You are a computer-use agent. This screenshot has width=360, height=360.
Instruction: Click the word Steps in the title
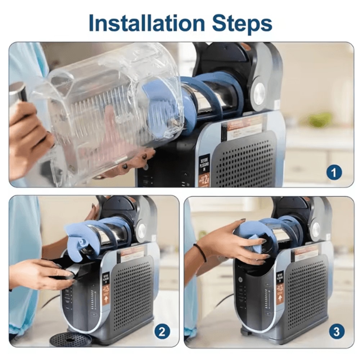coord(242,23)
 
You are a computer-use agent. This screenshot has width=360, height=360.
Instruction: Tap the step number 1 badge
coord(334,173)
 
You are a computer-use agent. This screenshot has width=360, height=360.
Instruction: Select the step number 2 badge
coord(162,332)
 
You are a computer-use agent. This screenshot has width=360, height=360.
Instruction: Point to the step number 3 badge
coord(336,332)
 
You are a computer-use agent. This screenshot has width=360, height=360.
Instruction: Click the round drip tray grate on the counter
coord(70,339)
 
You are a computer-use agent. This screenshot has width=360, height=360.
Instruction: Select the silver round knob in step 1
coord(259,94)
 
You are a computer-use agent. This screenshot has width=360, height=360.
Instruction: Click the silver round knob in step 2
coord(141,231)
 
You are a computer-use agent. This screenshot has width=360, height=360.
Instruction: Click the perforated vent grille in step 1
coord(245,158)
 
